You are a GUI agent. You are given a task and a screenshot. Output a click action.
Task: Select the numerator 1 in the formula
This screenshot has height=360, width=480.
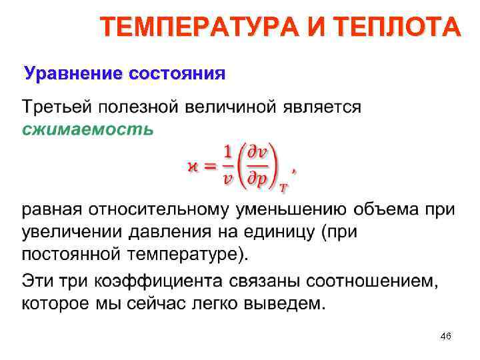point(229,153)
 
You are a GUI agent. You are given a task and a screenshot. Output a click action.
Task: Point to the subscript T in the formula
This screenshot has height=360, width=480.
point(283,189)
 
